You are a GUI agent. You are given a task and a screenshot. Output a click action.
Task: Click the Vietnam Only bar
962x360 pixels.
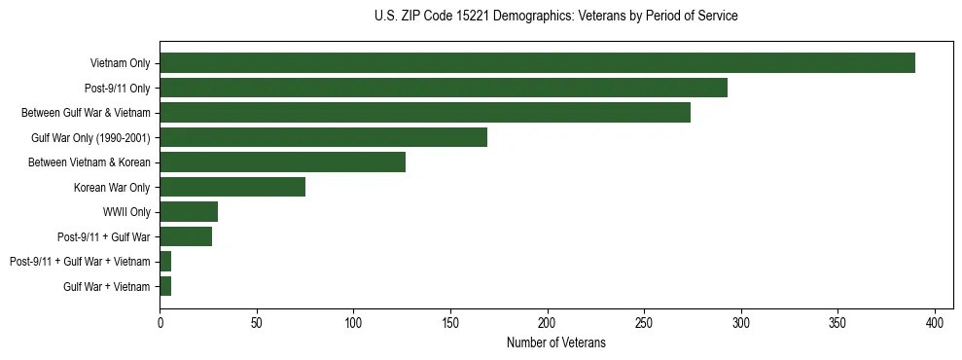point(537,63)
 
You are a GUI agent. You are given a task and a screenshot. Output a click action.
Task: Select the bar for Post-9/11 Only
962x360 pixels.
point(444,88)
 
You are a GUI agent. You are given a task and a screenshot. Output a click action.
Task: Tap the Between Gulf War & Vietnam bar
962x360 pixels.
point(425,113)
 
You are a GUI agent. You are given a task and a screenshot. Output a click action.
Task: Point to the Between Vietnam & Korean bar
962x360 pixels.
point(282,162)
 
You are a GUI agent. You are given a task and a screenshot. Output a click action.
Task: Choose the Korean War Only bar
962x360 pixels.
point(232,187)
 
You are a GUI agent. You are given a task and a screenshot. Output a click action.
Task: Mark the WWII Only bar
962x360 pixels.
point(189,212)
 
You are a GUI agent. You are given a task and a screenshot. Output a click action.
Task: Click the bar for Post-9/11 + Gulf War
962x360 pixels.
point(186,236)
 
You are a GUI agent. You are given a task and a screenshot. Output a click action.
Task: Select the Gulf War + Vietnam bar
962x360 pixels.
point(165,286)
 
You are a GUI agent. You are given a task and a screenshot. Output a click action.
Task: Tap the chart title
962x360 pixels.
point(555,17)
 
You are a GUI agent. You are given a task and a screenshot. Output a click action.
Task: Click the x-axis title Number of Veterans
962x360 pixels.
point(555,342)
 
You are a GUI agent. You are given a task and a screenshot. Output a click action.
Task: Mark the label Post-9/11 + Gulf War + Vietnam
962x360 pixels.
point(80,262)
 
